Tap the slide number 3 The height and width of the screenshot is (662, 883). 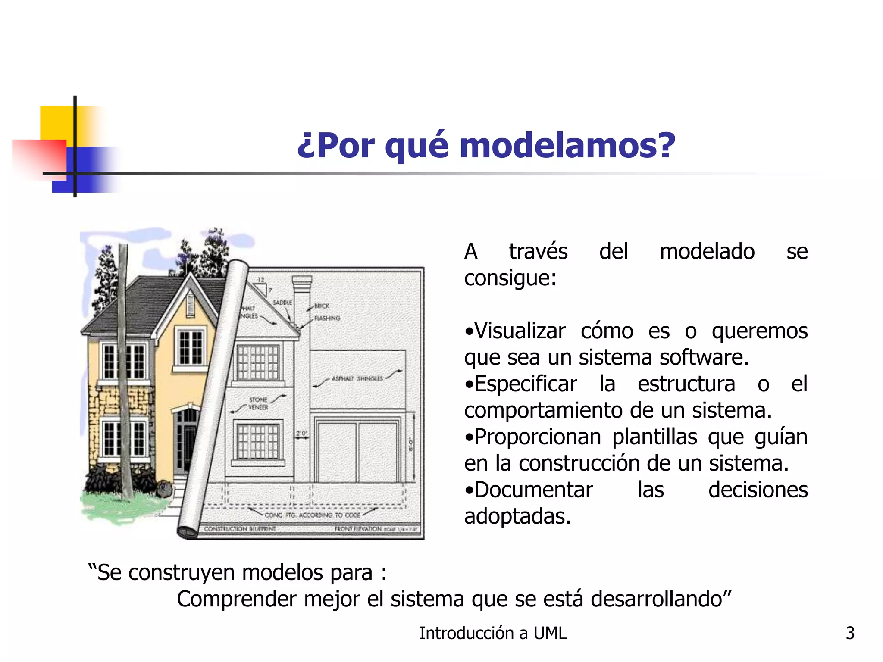click(x=850, y=633)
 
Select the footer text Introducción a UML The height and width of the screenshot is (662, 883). click(x=493, y=633)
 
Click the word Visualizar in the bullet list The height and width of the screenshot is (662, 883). click(x=520, y=331)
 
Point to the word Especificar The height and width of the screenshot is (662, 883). click(x=526, y=384)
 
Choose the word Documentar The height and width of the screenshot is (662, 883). click(x=534, y=490)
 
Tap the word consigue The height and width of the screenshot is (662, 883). click(x=510, y=278)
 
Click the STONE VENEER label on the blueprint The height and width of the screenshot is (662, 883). click(x=258, y=403)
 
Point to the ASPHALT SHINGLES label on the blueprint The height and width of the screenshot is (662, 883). click(x=357, y=378)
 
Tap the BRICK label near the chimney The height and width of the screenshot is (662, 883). click(x=322, y=306)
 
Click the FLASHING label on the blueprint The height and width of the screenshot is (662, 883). click(x=327, y=318)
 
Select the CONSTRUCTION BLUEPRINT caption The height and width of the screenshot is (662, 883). click(x=240, y=529)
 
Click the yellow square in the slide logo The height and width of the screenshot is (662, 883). click(x=56, y=122)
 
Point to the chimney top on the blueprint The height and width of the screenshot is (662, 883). click(x=302, y=280)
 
